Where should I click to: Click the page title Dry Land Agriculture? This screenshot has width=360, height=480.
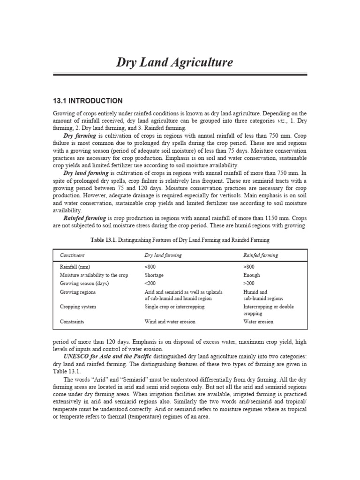(x=174, y=63)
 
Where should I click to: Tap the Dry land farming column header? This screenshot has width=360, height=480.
(x=163, y=255)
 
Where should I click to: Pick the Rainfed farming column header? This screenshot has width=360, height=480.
(x=261, y=255)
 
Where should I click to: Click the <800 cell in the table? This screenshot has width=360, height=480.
(x=150, y=267)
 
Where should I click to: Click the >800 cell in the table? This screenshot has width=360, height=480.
(x=248, y=267)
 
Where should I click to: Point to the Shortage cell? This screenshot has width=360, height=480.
(x=154, y=275)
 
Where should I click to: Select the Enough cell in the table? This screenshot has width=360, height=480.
(x=252, y=275)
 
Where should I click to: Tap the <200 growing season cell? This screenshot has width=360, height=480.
(x=150, y=284)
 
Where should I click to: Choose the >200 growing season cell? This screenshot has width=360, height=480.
(x=248, y=284)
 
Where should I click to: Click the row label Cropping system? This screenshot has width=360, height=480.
(x=78, y=307)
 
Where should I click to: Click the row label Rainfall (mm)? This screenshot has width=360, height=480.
(x=75, y=267)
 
